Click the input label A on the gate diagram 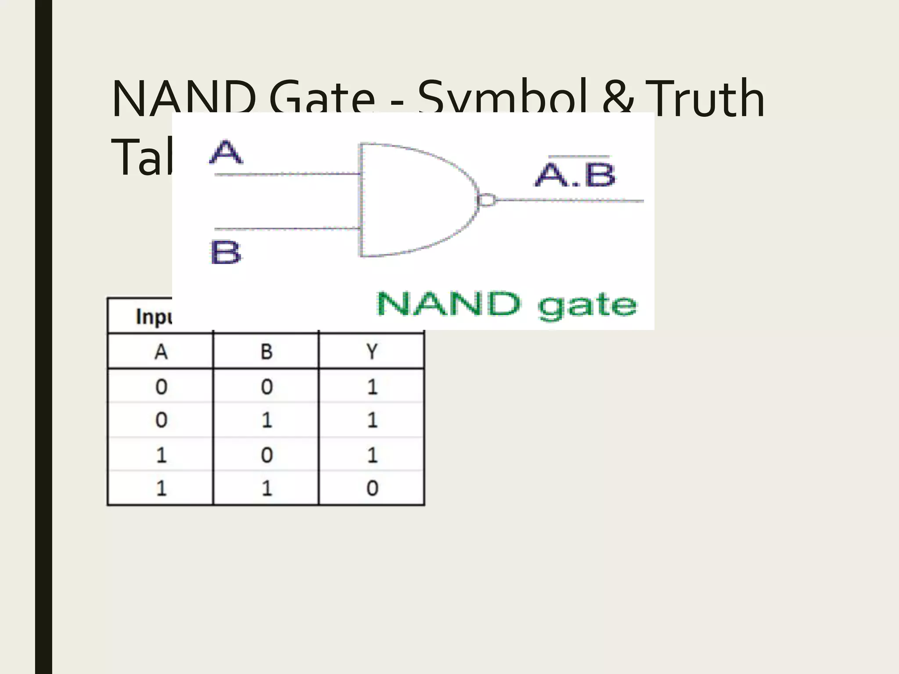[226, 152]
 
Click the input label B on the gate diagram [226, 252]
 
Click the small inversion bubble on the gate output [486, 200]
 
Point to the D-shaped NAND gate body [413, 200]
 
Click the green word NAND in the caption [448, 304]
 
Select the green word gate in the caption [587, 306]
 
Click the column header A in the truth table [161, 351]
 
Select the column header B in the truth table [266, 351]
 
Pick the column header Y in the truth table [372, 351]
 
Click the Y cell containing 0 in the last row [372, 488]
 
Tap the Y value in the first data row [372, 387]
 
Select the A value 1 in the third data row [161, 455]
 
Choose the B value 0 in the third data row [266, 455]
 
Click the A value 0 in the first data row [161, 387]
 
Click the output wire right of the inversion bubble [571, 201]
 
